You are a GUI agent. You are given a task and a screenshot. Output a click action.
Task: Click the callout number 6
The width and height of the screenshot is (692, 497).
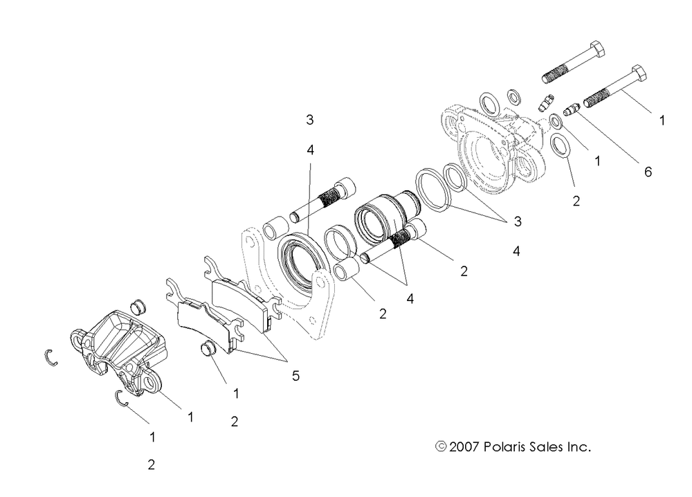click(648, 172)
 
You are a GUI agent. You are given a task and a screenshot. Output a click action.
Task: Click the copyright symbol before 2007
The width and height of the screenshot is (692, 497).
click(441, 447)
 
